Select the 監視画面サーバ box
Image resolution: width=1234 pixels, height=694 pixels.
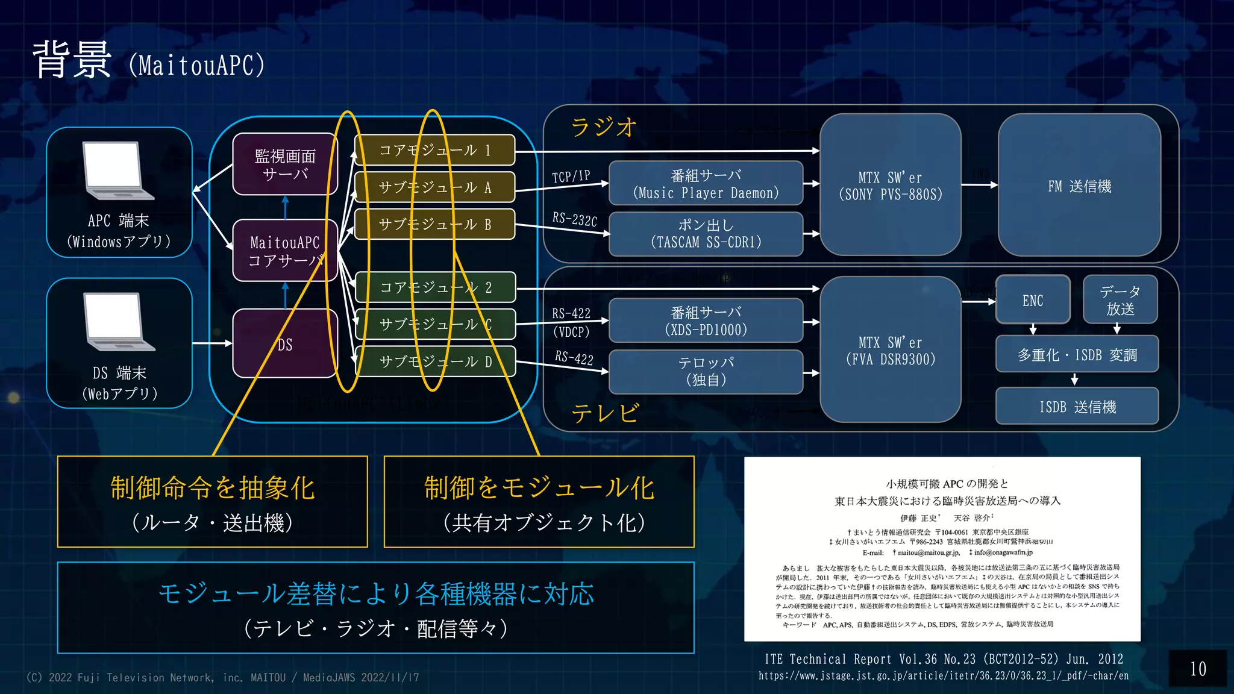(284, 164)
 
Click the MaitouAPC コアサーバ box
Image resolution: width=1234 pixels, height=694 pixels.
(284, 251)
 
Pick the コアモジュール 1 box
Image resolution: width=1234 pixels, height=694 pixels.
(434, 150)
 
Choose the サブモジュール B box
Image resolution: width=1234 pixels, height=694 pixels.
(434, 224)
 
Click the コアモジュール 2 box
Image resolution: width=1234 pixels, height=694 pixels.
(435, 287)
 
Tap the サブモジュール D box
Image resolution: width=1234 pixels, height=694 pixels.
(435, 361)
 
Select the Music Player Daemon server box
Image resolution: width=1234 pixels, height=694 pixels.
(706, 184)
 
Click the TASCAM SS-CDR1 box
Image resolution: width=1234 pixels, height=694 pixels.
(706, 234)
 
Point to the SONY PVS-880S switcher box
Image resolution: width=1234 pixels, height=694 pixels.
(890, 186)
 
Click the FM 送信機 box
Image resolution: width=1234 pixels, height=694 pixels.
(1079, 186)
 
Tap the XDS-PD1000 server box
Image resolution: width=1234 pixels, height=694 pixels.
(706, 320)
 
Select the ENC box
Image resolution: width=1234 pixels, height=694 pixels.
(1033, 300)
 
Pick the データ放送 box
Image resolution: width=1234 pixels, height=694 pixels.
(1120, 300)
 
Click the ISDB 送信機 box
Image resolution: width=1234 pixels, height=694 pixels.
(1077, 407)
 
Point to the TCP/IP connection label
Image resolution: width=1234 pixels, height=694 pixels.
(571, 177)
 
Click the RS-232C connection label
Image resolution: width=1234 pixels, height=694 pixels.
(574, 219)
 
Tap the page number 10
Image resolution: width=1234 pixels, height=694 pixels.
(1198, 669)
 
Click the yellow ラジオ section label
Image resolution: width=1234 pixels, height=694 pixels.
(603, 127)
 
